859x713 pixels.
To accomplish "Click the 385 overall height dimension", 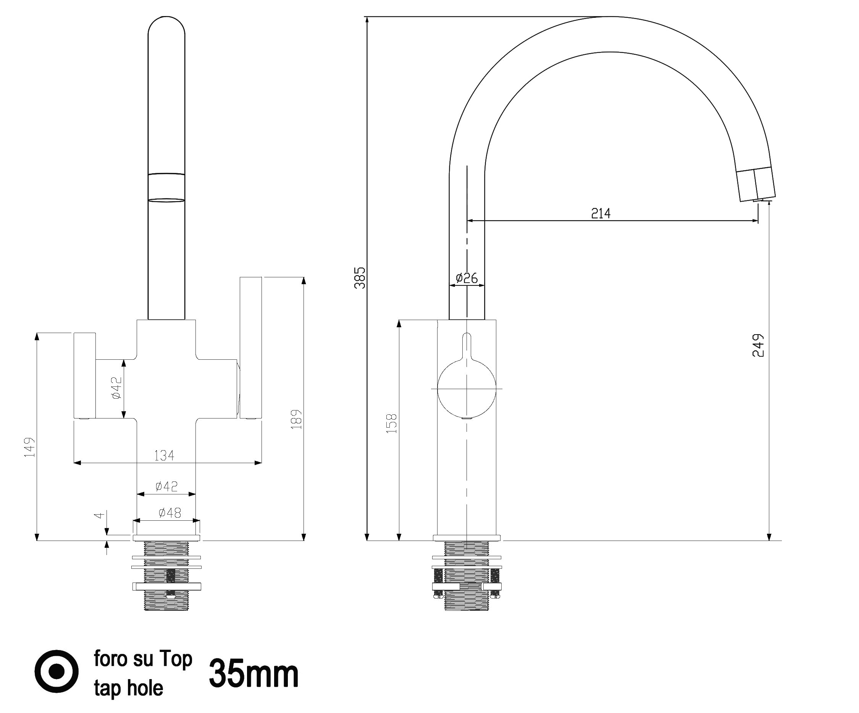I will pos(360,278).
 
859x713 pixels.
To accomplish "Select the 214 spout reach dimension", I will pos(601,213).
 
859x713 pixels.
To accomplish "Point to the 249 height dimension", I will pos(758,346).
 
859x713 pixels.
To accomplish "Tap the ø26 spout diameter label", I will pos(467,278).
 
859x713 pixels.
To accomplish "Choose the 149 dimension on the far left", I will pos(29,447).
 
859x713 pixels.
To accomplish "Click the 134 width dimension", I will pos(164,455).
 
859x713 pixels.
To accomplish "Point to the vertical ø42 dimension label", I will pos(116,388).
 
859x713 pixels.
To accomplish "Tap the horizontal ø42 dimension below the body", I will pos(166,486).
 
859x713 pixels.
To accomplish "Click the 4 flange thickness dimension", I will pos(98,515).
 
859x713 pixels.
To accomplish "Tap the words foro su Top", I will pos(143,658).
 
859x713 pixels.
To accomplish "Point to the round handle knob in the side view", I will pos(467,388).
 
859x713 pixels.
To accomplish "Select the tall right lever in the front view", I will pos(250,348).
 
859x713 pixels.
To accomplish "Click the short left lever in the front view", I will pos(85,375).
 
